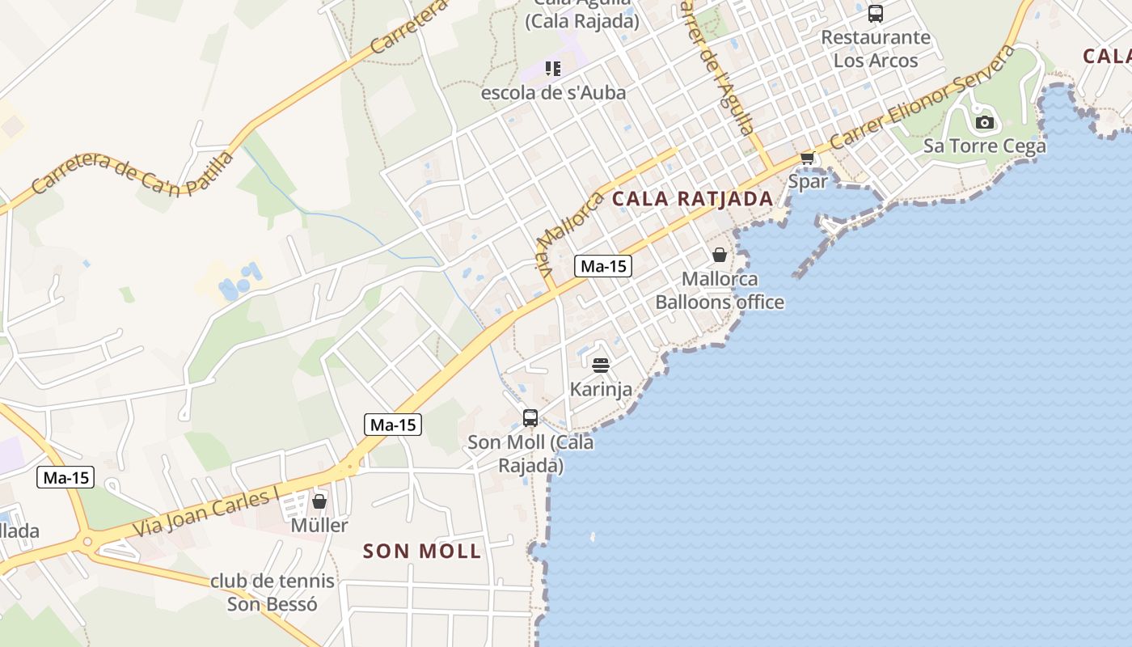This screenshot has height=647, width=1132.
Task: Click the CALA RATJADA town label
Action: point(692,198)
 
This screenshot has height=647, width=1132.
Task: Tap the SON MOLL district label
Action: point(422,552)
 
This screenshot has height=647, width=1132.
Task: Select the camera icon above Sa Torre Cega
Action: point(984,123)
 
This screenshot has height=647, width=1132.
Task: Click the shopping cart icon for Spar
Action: point(806,158)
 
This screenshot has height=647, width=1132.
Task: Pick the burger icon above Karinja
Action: point(600,366)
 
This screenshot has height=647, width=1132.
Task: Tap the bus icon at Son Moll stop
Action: point(530,418)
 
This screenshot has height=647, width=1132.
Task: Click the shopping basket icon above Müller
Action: point(319,501)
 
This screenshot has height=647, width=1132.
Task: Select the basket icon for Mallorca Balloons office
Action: point(719,256)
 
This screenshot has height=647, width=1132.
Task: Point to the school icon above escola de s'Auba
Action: point(553,69)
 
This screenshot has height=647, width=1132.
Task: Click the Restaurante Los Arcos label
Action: point(876,49)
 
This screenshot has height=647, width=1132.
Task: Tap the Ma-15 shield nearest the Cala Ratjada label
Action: point(603,266)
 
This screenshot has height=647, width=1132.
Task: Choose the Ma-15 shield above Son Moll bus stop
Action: point(393,424)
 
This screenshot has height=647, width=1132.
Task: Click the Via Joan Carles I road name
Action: point(205,512)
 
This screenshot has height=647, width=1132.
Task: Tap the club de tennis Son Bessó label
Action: point(272,592)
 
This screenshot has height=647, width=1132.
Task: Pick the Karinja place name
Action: point(601,389)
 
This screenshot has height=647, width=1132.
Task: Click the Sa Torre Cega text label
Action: point(984,146)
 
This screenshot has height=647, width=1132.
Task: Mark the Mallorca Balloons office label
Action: point(720,290)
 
